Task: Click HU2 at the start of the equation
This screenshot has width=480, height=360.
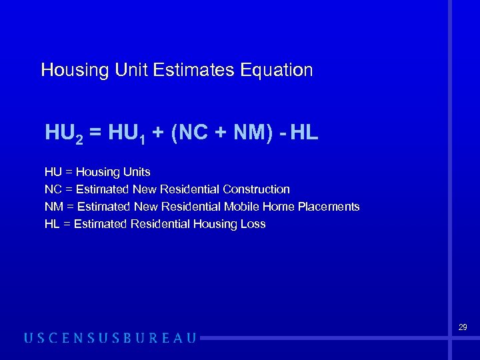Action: point(64,133)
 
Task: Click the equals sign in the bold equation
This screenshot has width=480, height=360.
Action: point(96,133)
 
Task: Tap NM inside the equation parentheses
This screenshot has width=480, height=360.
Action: point(248,133)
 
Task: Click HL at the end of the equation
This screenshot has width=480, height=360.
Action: point(305,133)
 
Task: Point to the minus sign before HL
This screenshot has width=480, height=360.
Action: point(283,133)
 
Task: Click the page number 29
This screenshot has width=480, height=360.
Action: point(463,327)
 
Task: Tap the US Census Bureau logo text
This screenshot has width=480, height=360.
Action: point(110,338)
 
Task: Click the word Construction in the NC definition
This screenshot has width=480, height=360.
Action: point(257,189)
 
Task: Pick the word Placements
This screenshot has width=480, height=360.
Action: point(329,207)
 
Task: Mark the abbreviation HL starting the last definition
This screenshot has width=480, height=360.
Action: point(51,224)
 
